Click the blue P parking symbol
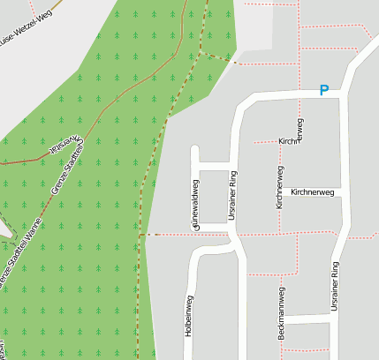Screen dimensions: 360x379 [x=324, y=90]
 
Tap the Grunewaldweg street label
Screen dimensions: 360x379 [x=193, y=205]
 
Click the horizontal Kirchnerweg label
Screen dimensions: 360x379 [x=312, y=191]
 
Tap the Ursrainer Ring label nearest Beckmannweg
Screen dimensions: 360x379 [x=335, y=285]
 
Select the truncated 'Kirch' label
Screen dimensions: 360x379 [x=287, y=141]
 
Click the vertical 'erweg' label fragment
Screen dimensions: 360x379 [x=300, y=130]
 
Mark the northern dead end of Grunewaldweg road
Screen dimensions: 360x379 [x=194, y=147]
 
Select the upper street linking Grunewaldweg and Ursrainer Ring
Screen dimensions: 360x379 [x=213, y=166]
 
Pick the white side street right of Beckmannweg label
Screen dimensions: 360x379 [x=310, y=318]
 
